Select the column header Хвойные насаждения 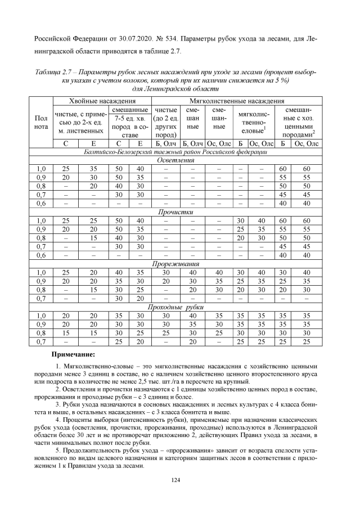101,100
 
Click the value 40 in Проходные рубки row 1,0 193,316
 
